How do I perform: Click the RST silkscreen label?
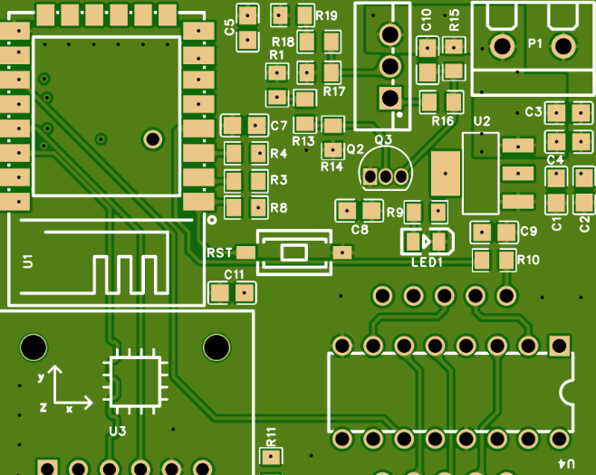pyautogui.click(x=220, y=252)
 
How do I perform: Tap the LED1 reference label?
pyautogui.click(x=427, y=262)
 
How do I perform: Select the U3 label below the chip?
pyautogui.click(x=117, y=432)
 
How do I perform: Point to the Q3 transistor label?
pyautogui.click(x=383, y=140)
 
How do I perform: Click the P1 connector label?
pyautogui.click(x=534, y=43)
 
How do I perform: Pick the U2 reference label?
pyautogui.click(x=482, y=120)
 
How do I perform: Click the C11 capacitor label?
pyautogui.click(x=234, y=274)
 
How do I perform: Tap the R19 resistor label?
pyautogui.click(x=327, y=15)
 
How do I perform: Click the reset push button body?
pyautogui.click(x=293, y=252)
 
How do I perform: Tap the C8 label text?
pyautogui.click(x=360, y=230)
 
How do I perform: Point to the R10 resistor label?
pyautogui.click(x=528, y=260)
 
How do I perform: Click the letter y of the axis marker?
pyautogui.click(x=41, y=375)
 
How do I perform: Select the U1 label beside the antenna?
pyautogui.click(x=28, y=262)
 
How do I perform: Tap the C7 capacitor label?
pyautogui.click(x=279, y=126)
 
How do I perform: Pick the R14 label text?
pyautogui.click(x=332, y=166)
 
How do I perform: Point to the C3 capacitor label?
pyautogui.click(x=534, y=112)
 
